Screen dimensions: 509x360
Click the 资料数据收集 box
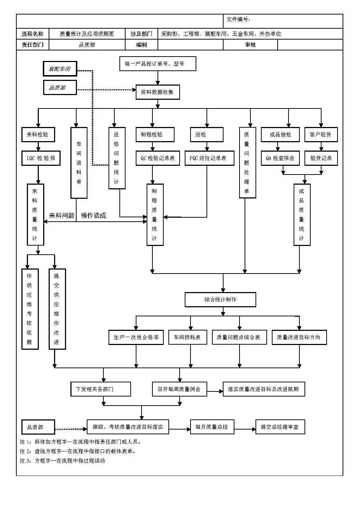(x=157, y=92)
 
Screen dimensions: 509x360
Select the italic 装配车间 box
(x=60, y=69)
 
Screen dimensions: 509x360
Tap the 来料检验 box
(x=37, y=135)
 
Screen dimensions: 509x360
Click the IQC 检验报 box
(x=41, y=158)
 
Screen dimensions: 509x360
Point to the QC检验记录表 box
(x=157, y=158)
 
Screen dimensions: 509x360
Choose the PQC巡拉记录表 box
(x=209, y=158)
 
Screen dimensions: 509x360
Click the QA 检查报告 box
(x=280, y=158)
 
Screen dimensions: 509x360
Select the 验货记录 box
(x=321, y=158)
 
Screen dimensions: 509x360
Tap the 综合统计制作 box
(x=220, y=300)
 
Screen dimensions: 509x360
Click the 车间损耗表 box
(x=187, y=337)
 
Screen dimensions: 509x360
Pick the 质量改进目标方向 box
(x=299, y=337)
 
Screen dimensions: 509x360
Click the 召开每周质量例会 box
(x=179, y=389)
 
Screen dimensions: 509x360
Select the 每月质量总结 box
(x=212, y=427)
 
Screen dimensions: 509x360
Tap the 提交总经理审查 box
(x=280, y=427)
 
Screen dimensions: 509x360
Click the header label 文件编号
(x=238, y=20)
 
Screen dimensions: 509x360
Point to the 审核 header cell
(x=250, y=45)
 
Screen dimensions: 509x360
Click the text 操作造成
(x=94, y=215)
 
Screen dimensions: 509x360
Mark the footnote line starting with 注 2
(x=78, y=451)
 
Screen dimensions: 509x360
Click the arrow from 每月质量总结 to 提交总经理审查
(x=245, y=430)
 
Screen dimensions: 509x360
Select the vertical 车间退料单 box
(x=79, y=163)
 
